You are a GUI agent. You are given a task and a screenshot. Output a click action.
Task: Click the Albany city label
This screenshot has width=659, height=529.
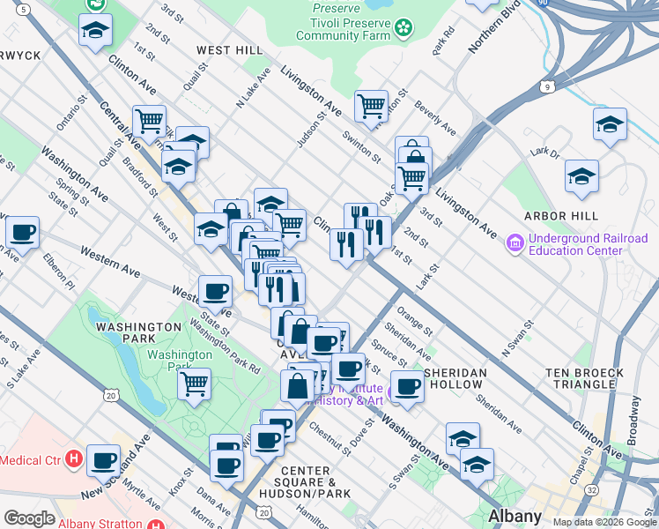(515, 516)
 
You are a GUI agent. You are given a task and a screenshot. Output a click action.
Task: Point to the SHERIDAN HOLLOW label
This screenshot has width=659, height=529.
(455, 379)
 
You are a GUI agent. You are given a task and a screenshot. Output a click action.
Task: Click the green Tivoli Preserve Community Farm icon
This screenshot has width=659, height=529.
(404, 29)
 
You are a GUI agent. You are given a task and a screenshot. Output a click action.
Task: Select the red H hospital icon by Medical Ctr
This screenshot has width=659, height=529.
(74, 459)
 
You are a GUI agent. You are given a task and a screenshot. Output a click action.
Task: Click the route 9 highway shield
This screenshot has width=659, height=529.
(548, 86)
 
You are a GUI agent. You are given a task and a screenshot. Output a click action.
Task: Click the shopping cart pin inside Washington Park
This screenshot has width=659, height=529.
(194, 384)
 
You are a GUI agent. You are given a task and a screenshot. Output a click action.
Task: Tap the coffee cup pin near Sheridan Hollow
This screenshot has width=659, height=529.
(406, 385)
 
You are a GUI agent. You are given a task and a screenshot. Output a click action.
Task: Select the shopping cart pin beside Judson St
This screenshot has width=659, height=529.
(371, 106)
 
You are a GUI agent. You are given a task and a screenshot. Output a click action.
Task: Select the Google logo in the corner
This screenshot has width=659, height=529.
(29, 518)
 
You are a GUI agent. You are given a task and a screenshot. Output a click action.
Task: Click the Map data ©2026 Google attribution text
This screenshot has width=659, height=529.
(603, 522)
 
